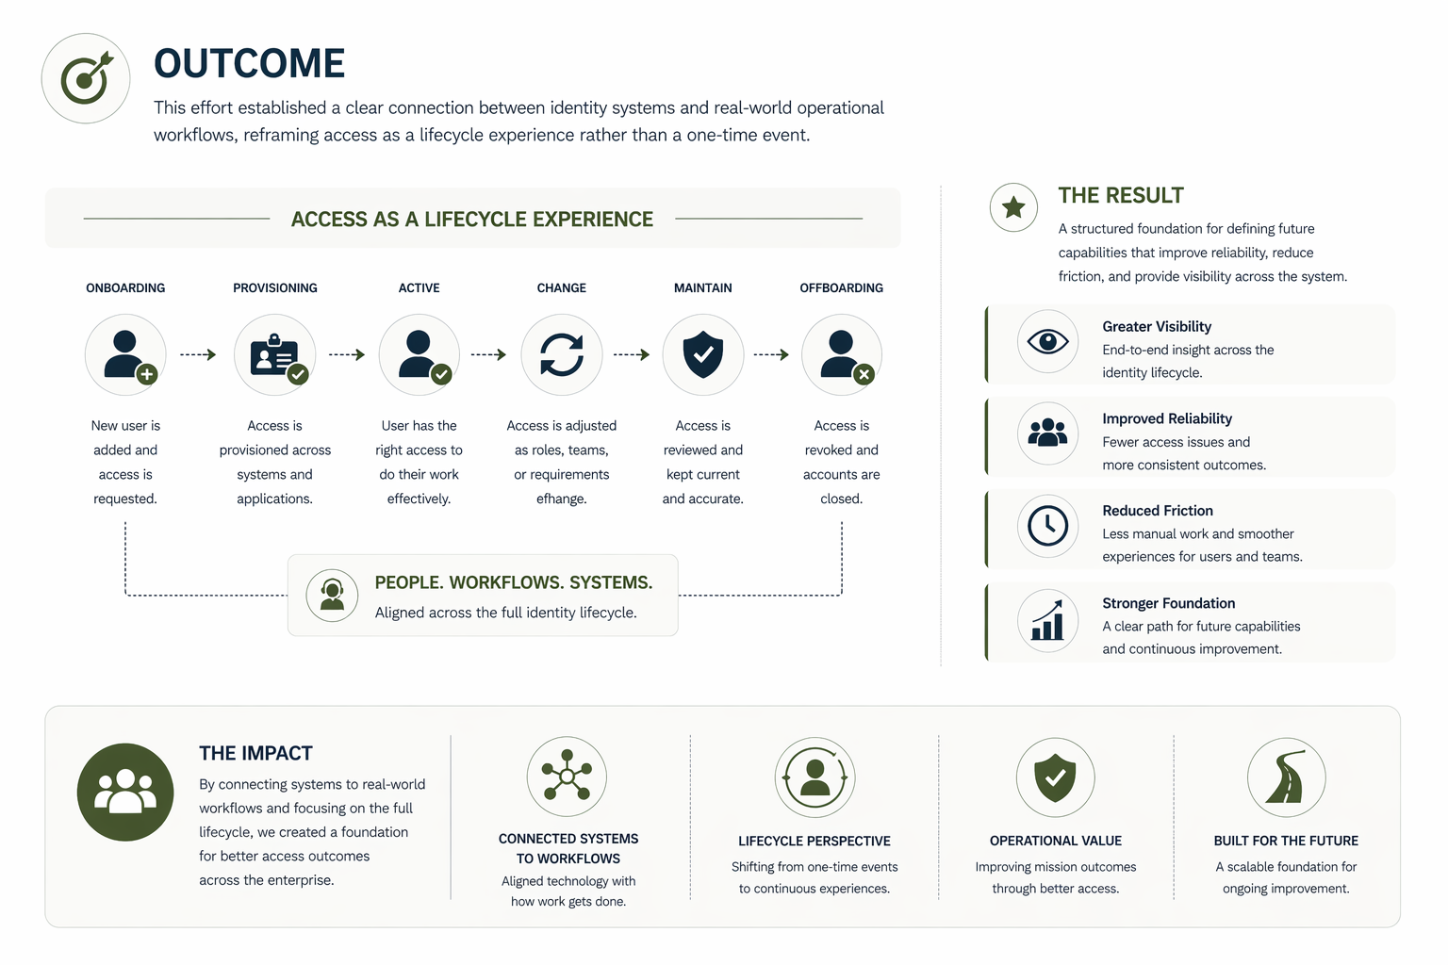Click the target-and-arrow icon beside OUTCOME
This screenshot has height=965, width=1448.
point(86,78)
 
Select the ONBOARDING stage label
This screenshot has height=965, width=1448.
point(125,287)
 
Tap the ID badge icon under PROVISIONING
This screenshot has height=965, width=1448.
point(274,354)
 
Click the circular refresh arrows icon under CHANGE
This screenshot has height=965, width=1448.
point(561,354)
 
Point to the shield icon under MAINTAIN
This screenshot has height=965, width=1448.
point(702,354)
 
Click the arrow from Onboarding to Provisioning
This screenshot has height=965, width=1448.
point(198,354)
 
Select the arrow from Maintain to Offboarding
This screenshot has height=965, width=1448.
point(771,354)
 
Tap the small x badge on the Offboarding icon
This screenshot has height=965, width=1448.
point(864,374)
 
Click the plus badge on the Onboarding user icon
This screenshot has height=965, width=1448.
point(147,374)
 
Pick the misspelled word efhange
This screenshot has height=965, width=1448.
point(561,499)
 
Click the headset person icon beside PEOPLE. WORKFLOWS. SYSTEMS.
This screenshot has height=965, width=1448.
point(332,596)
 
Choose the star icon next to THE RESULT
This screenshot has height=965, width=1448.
point(1013,207)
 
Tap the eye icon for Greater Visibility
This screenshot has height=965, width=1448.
point(1047,341)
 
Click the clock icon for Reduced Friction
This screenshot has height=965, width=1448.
point(1047,526)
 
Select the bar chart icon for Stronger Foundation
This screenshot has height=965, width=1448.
point(1047,620)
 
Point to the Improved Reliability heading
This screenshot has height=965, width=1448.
point(1167,418)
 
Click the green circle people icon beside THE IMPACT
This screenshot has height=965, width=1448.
point(125,792)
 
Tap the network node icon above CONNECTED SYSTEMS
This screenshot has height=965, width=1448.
point(567,775)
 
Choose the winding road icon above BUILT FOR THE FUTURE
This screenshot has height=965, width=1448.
point(1286,777)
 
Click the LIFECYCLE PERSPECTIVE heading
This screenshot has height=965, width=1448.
point(814,841)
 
